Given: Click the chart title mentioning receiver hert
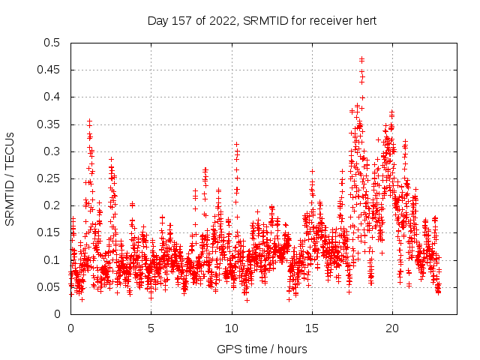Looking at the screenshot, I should pyautogui.click(x=262, y=20).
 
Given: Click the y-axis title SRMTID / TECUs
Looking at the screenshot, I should pyautogui.click(x=10, y=178).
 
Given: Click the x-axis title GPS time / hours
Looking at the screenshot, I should pyautogui.click(x=262, y=349).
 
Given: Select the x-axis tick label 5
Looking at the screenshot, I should pyautogui.click(x=151, y=328).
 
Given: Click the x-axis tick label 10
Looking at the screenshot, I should pyautogui.click(x=231, y=328).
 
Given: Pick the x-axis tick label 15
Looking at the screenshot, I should pyautogui.click(x=311, y=328).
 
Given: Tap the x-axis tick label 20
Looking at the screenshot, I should pyautogui.click(x=391, y=328).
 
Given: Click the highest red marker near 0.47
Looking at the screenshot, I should pyautogui.click(x=361, y=58).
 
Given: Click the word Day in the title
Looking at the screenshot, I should pyautogui.click(x=157, y=20).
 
